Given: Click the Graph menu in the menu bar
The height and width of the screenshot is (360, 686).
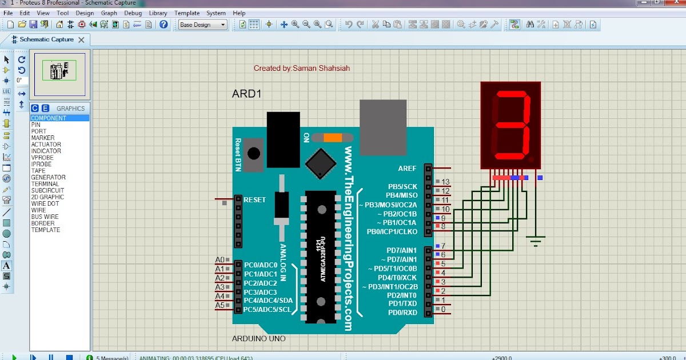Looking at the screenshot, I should coord(109,13).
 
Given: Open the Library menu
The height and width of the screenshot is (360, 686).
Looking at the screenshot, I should coord(158,13).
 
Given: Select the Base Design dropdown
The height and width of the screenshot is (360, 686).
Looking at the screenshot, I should coord(202,25).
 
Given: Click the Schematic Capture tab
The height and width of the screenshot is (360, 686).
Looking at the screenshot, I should coord(46,39).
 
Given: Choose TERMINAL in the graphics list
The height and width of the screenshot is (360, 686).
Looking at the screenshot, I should coord(45,184).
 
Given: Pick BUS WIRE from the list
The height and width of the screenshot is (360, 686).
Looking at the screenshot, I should coord(45,217).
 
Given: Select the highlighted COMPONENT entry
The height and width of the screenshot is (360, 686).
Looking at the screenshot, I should coord(49,118).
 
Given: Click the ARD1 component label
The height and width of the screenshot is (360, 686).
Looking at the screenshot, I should coord(246,94).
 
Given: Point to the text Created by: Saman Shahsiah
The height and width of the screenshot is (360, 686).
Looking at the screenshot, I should coord(302,68).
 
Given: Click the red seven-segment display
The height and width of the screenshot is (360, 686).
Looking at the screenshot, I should coord(510,125).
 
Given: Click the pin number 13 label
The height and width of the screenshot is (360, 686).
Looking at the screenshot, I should coord(446,182).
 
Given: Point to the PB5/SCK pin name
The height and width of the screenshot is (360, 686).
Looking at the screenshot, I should coord(402,186).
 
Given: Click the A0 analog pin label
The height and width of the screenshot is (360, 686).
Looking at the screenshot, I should coord(220,260).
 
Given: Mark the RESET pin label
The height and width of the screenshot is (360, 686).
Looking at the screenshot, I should coord(255,200).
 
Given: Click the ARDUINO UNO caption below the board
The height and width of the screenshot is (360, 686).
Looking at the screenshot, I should coord(258,339).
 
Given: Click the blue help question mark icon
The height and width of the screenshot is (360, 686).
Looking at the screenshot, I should coord(164,25).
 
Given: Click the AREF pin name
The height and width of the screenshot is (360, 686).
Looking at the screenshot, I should coord(408,169).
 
